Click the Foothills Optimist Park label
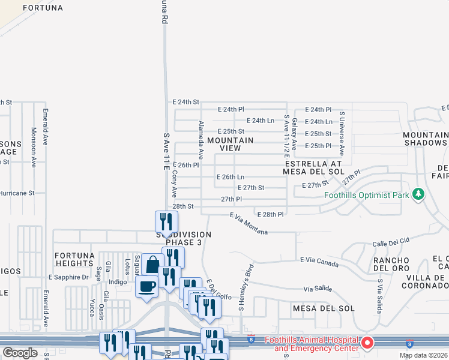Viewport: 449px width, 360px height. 366,195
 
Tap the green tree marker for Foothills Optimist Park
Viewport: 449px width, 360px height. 419,194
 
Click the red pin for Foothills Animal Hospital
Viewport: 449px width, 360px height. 367,343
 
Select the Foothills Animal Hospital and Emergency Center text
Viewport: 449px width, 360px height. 312,344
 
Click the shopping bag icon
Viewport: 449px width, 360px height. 152,263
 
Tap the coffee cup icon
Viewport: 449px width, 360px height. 146,286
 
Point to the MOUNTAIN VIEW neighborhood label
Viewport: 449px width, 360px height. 231,144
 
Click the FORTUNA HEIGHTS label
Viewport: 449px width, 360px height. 75,259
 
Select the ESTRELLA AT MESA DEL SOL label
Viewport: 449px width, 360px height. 313,167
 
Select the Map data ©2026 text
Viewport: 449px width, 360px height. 423,355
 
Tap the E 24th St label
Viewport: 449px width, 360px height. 185,102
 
